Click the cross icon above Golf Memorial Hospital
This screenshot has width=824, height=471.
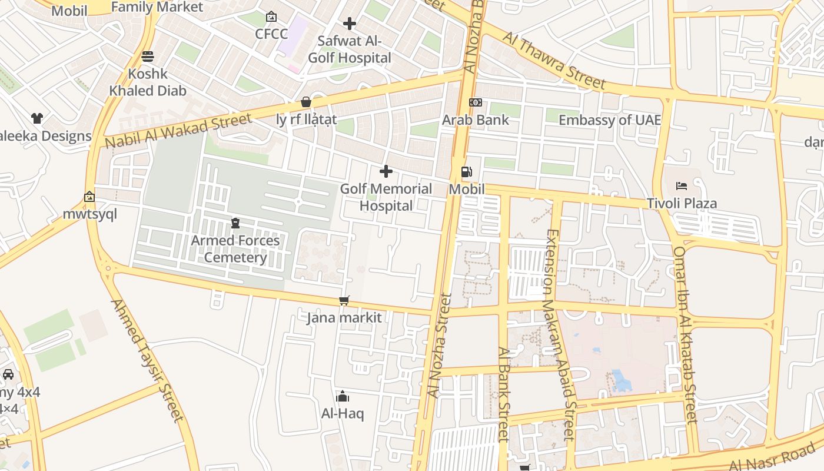(x=386, y=171)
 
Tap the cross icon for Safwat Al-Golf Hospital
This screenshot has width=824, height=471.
(x=350, y=24)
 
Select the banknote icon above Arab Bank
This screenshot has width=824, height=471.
(x=476, y=102)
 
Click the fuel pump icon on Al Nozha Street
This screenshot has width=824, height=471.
(x=466, y=172)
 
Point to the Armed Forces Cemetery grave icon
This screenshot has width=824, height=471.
(x=235, y=223)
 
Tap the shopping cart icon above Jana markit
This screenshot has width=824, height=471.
(x=344, y=301)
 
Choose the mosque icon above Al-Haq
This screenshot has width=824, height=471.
(x=343, y=396)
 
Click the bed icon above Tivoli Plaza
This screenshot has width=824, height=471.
(x=682, y=186)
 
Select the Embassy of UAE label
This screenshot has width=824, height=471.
(x=609, y=120)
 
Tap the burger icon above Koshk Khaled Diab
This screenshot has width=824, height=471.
(x=147, y=57)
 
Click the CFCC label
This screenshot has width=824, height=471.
(x=271, y=34)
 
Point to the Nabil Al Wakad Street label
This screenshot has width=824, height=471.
(x=178, y=131)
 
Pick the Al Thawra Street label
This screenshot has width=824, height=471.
(x=553, y=61)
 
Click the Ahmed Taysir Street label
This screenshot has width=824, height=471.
(x=147, y=360)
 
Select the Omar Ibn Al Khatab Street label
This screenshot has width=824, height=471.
(x=685, y=334)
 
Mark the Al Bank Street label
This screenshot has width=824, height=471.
(x=503, y=393)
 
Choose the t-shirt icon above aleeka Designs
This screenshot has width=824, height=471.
(x=37, y=118)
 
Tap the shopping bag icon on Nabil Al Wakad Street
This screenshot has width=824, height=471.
(x=305, y=102)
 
